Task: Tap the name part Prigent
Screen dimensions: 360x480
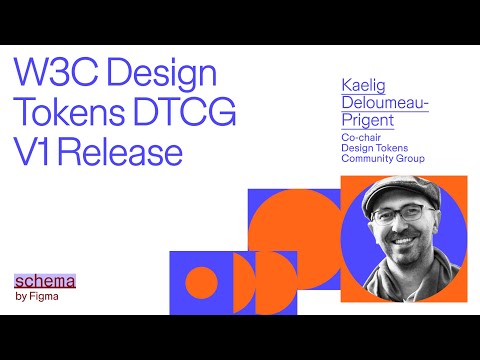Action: [369, 121]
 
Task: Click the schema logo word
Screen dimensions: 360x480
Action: [45, 281]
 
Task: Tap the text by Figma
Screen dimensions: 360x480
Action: [37, 296]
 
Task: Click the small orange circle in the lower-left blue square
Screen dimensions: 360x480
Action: [202, 282]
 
